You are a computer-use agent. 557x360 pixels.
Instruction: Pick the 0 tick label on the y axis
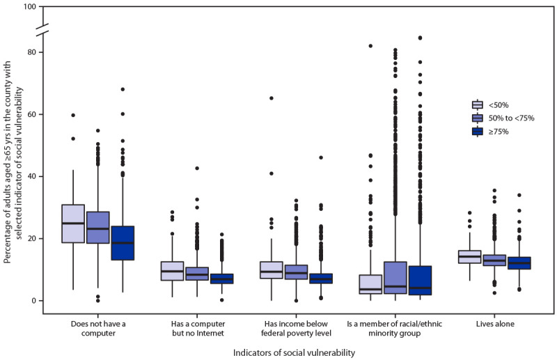click(32, 300)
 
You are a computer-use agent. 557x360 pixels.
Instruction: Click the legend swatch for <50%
click(477, 104)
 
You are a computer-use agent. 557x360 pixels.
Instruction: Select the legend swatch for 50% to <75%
click(477, 118)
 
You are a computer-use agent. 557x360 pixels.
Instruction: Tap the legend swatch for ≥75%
click(477, 131)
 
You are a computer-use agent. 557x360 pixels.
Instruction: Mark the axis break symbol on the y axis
click(42, 29)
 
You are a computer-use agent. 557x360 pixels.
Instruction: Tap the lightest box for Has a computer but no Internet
click(172, 271)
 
